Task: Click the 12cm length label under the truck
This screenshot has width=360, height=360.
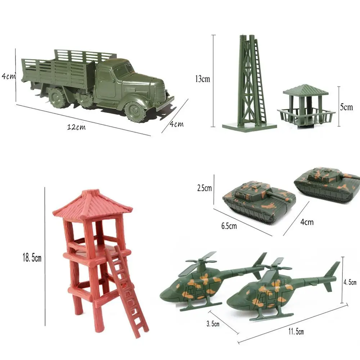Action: pos(76,127)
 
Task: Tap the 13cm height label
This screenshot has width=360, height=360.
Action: pos(202,79)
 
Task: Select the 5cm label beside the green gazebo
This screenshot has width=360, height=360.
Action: pos(346,107)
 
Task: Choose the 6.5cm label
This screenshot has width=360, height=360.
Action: pos(229,226)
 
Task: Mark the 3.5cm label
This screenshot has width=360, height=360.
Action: pos(213,324)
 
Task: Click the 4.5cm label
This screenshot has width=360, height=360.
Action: pos(349,282)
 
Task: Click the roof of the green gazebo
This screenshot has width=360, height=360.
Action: pos(305,90)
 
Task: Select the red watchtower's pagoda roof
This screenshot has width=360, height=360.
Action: pos(92,204)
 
